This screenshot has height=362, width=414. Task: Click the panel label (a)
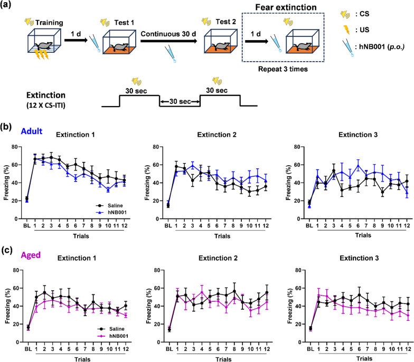pyautogui.click(x=8, y=7)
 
